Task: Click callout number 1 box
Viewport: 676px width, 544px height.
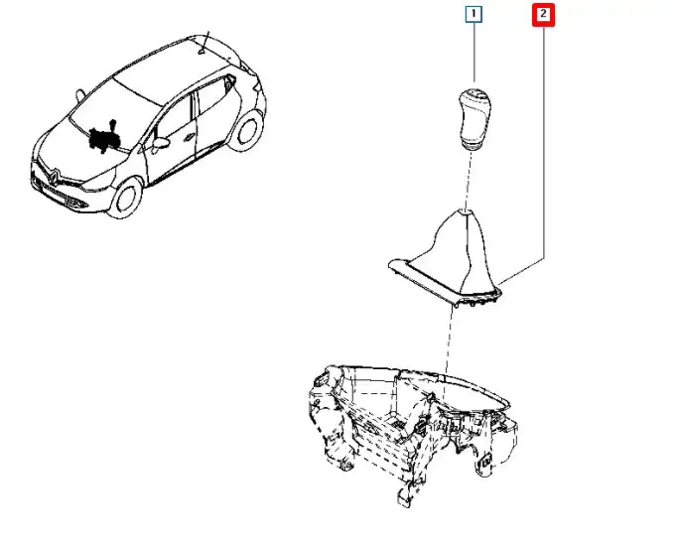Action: (473, 14)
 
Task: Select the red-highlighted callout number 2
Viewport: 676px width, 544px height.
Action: (543, 15)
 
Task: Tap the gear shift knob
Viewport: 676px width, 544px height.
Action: (474, 118)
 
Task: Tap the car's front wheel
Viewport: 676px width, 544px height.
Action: (126, 198)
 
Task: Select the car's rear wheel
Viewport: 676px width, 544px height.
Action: (246, 130)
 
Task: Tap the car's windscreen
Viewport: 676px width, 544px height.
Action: (113, 111)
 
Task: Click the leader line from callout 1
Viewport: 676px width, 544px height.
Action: (473, 53)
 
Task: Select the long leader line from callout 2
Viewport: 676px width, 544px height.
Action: (544, 142)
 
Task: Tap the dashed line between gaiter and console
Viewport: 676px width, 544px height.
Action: (449, 344)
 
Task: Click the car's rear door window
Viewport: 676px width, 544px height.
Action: (211, 98)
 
